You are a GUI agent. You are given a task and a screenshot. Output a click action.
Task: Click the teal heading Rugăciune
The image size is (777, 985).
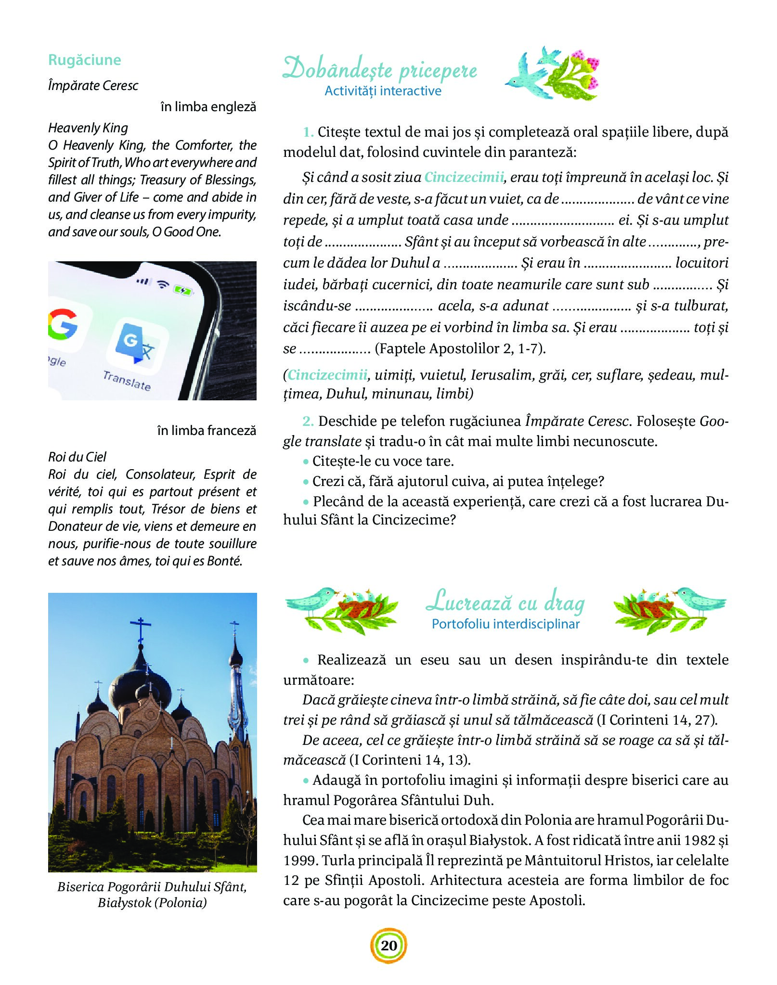click(84, 60)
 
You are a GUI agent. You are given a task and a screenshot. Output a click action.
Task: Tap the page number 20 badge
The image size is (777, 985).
click(388, 945)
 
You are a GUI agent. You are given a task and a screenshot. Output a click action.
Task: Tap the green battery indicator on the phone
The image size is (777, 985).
click(183, 290)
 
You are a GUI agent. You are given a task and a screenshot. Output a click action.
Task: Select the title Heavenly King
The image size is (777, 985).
click(88, 128)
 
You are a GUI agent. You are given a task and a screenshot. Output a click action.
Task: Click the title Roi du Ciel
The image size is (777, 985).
click(77, 457)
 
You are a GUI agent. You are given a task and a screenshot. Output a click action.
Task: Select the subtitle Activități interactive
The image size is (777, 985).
click(383, 91)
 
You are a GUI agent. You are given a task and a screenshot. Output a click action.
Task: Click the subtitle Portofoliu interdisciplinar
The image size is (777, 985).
click(505, 624)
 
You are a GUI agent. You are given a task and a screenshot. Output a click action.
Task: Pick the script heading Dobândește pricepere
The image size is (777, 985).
click(380, 69)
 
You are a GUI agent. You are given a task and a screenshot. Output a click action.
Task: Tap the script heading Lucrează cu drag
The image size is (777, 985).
click(505, 602)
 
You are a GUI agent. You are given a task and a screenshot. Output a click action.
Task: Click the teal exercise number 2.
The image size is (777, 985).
click(308, 422)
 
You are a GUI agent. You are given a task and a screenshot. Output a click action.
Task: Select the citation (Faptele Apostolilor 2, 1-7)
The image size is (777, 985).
click(460, 348)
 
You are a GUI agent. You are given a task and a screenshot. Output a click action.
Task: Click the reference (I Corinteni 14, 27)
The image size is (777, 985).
click(657, 720)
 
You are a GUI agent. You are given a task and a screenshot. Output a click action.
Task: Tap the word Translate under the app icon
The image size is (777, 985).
click(127, 381)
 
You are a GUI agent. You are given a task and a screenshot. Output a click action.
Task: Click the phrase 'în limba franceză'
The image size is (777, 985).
click(207, 430)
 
